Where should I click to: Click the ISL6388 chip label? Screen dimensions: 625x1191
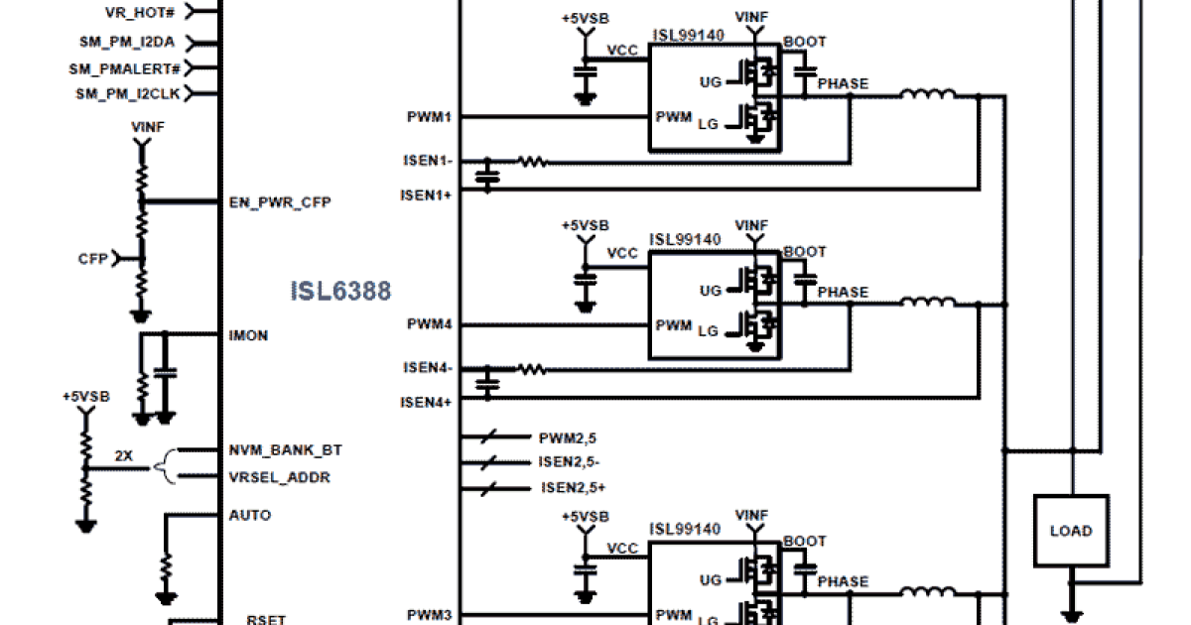click(x=340, y=291)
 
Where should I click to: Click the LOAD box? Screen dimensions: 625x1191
click(x=1071, y=531)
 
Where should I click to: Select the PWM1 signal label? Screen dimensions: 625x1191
click(x=429, y=117)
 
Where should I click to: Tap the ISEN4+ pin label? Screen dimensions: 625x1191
click(x=426, y=402)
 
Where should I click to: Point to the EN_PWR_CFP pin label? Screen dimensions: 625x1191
click(x=280, y=202)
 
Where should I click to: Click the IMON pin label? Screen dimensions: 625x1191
click(x=248, y=335)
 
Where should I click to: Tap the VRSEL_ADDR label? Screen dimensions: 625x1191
click(x=279, y=477)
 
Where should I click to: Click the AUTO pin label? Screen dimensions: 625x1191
click(x=249, y=515)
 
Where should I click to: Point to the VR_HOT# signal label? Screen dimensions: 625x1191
click(x=142, y=13)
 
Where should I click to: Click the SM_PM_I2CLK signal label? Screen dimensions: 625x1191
click(x=128, y=94)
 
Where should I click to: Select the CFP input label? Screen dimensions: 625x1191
click(x=92, y=259)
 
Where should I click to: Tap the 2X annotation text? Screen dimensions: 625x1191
click(x=124, y=456)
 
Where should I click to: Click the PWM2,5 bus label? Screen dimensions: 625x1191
click(x=567, y=437)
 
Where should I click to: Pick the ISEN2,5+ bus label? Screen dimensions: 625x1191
click(x=573, y=487)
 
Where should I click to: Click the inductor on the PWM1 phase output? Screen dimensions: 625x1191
click(x=928, y=95)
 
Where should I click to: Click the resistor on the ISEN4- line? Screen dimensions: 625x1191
click(x=532, y=369)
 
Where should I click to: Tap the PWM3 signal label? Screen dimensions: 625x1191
click(x=429, y=615)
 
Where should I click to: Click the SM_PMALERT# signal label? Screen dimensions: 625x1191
click(x=124, y=68)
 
